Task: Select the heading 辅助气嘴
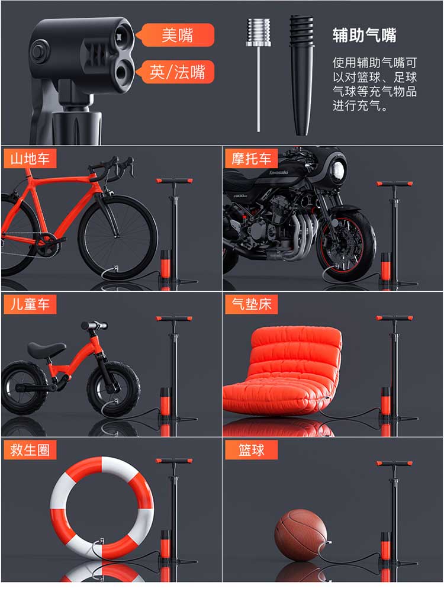coord(364,36)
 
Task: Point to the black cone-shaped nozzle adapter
coord(302,75)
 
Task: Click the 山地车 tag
coord(30,158)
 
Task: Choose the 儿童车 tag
coord(30,304)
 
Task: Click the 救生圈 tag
coord(30,450)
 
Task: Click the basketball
coord(301,535)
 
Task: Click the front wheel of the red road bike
coord(118,237)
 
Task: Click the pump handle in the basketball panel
coord(394,464)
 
